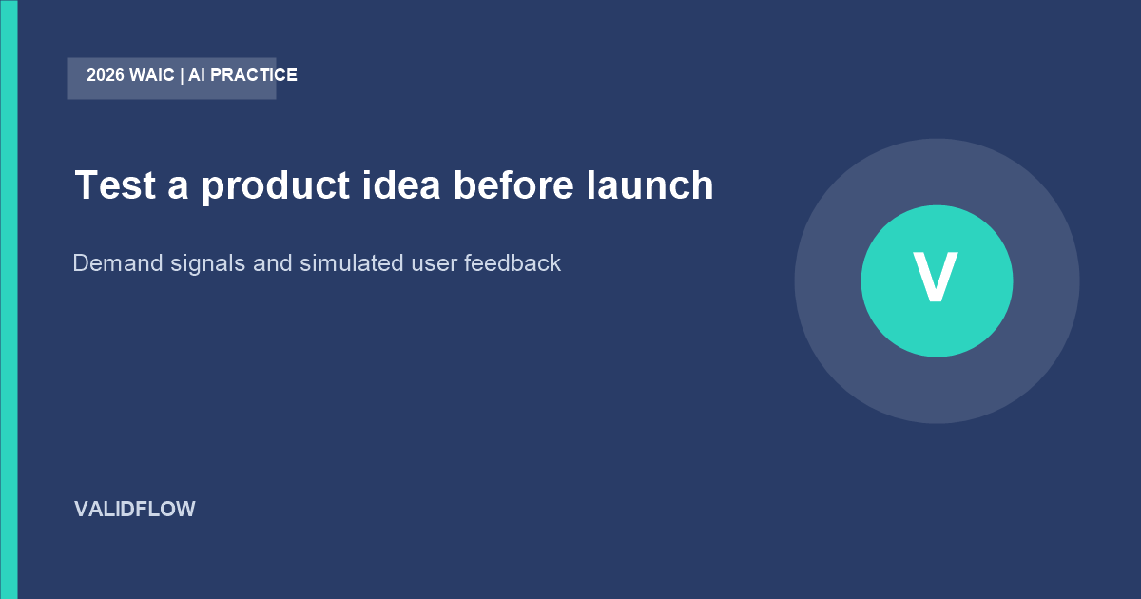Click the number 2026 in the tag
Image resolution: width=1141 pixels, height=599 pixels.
[x=106, y=75]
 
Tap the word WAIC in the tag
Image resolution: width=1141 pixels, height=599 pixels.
[x=152, y=75]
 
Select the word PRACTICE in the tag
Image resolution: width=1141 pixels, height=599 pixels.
[x=254, y=75]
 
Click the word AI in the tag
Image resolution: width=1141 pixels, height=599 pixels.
[x=197, y=75]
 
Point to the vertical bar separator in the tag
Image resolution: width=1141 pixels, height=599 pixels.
[x=182, y=76]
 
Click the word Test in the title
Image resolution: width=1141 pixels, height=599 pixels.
[x=115, y=184]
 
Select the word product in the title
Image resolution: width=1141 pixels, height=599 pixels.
[x=276, y=186]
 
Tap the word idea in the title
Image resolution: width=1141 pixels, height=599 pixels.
[x=401, y=184]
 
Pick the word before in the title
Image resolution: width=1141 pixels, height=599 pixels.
[x=513, y=184]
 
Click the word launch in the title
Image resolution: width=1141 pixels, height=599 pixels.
[x=650, y=184]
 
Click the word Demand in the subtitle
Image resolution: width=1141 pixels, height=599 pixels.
[x=118, y=263]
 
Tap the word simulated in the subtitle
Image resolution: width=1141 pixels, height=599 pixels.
[x=352, y=263]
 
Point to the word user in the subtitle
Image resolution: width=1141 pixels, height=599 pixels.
[x=434, y=265]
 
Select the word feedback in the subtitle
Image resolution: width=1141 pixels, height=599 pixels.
[x=512, y=263]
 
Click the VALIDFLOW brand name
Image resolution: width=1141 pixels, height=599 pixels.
[x=135, y=510]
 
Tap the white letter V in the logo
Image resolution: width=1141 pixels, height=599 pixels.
[x=936, y=277]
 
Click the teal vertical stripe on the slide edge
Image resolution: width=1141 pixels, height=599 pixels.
[x=9, y=299]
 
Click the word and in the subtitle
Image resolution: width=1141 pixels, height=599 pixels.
[x=273, y=263]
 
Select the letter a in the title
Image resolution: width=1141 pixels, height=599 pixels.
[x=179, y=188]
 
